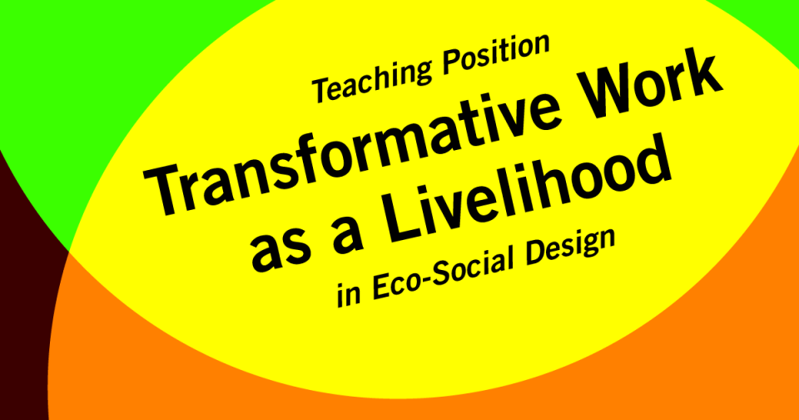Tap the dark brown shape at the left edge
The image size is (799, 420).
point(21,292)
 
